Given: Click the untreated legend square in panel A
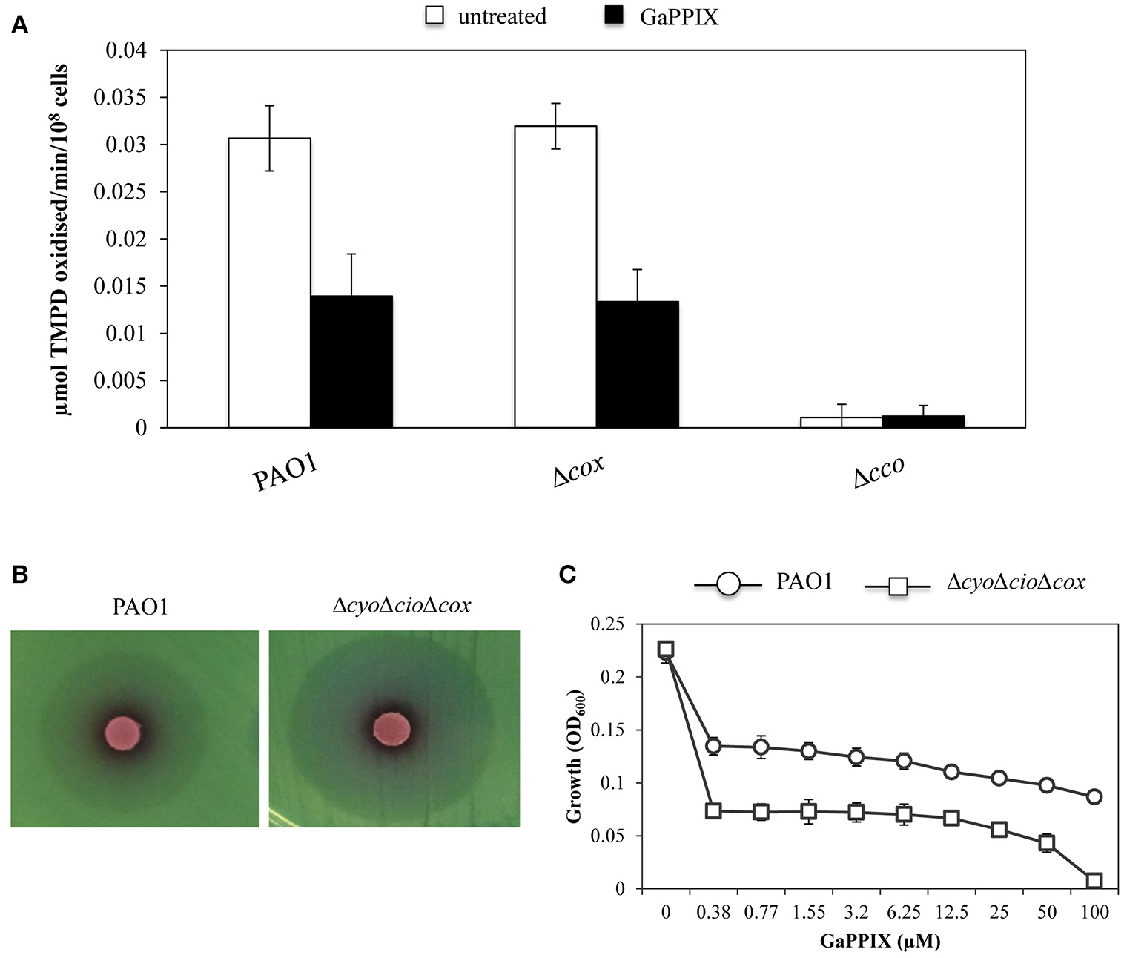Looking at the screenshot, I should (434, 16).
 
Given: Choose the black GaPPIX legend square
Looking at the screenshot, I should (615, 16).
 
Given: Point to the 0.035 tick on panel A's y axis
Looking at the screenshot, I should (125, 98).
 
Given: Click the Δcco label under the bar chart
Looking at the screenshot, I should (879, 474).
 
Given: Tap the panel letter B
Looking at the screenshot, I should (20, 575).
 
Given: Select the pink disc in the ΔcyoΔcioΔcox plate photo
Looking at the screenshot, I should (391, 728).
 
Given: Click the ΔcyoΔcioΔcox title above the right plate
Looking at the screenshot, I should (401, 606).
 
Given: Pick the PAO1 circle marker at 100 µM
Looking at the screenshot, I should (1094, 796).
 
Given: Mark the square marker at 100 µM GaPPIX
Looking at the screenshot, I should (1094, 880).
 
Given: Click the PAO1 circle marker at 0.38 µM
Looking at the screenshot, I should (713, 746).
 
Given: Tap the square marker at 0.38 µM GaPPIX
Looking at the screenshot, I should (713, 810).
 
